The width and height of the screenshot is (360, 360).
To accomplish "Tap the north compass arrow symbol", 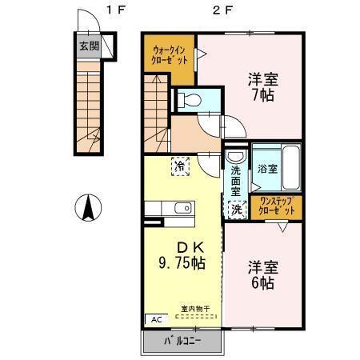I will click(88, 210).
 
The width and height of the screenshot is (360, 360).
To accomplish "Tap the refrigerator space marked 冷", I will click(180, 167).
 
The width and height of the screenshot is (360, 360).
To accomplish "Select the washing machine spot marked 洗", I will click(236, 209).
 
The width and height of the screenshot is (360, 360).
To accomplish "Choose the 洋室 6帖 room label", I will click(262, 274).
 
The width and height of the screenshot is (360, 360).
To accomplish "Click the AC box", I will click(152, 318).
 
